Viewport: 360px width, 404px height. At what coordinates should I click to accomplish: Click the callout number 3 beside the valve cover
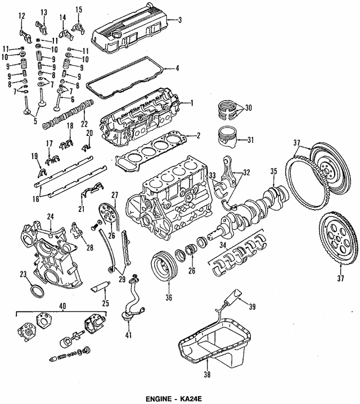point(180,20)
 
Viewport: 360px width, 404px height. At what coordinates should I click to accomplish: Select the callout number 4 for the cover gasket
point(177,69)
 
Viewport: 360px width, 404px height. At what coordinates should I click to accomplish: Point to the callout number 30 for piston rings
point(248,108)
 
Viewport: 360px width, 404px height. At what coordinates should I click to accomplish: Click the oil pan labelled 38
point(214,343)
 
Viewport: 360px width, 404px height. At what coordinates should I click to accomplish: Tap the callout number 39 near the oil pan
point(252,307)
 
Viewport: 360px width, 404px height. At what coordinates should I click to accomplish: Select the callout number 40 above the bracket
point(62,306)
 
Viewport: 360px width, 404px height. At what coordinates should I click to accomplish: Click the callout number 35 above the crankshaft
point(273,171)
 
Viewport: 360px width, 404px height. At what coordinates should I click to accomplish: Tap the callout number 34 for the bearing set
point(223,246)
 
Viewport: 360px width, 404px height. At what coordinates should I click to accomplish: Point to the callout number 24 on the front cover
point(50,217)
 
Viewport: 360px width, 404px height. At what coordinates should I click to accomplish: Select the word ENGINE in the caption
point(158,399)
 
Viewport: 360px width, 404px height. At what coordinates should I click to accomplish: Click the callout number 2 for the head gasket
point(198,135)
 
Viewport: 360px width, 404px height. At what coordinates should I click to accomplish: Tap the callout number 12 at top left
point(22,16)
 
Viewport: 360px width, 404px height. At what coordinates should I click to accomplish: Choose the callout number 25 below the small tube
point(106,303)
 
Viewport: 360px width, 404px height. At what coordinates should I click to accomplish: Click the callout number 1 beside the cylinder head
point(192,103)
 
